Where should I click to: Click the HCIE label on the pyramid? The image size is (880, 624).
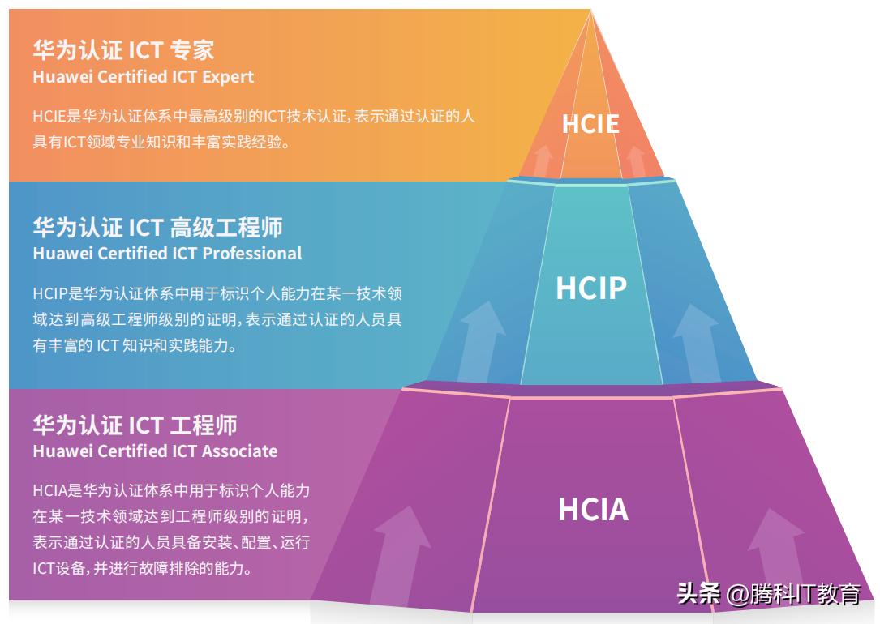[x=590, y=124]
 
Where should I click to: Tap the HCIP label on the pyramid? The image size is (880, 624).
[x=590, y=288]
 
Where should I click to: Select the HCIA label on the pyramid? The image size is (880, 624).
[x=593, y=509]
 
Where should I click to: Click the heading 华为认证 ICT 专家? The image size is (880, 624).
[x=123, y=50]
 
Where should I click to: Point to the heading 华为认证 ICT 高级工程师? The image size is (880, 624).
[x=157, y=227]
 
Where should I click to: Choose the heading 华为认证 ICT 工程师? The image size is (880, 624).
[x=135, y=425]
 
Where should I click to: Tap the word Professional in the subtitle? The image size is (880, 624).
[x=251, y=254]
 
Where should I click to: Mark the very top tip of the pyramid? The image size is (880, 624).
[x=590, y=11]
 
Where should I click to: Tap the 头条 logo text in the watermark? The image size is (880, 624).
[x=698, y=594]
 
